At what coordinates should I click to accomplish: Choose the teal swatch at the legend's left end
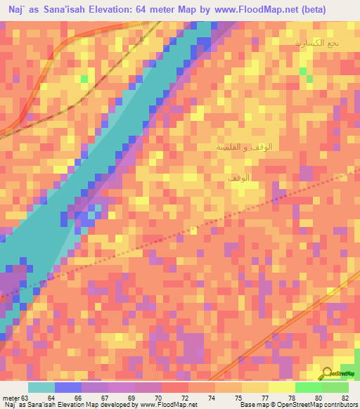click(41, 387)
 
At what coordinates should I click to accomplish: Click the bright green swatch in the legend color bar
click(308, 387)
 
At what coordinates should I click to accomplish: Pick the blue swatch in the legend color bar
click(68, 387)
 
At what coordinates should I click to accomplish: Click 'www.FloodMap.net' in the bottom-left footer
click(166, 404)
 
